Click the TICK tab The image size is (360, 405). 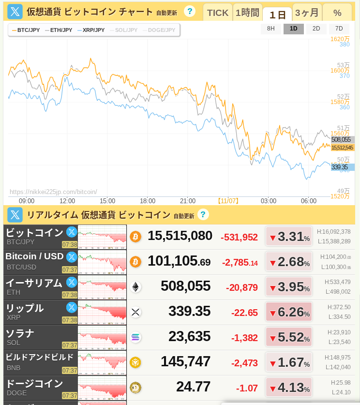pos(217,13)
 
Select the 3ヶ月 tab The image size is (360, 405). pos(307,13)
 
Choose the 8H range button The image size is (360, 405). pos(271,29)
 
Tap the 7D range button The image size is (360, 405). pos(339,29)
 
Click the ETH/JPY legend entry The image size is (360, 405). pos(59,30)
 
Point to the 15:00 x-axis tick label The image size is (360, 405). pos(107,201)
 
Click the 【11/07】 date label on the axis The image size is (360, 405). pos(228,201)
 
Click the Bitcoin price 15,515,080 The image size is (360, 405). pos(180,236)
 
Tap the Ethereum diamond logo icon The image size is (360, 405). pos(135,287)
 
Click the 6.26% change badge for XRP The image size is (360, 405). pos(289,312)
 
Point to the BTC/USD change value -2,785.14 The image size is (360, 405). pos(240,263)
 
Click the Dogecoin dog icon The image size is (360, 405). pos(135,388)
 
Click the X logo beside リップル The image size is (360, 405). pos(72,307)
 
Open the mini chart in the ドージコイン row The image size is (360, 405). pos(102,388)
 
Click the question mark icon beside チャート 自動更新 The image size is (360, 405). pos(190,11)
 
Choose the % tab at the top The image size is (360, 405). pos(337,13)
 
